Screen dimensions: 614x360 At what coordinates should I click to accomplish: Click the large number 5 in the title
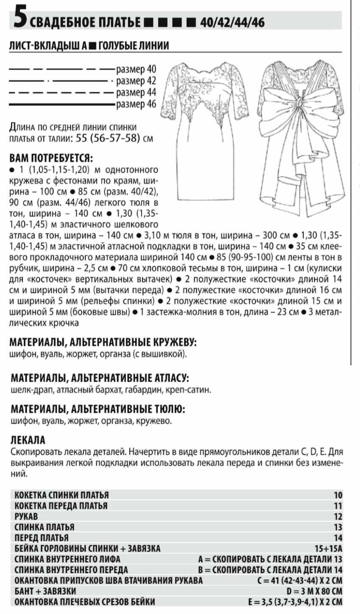(19, 20)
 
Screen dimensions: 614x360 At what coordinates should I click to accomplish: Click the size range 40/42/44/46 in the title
(232, 22)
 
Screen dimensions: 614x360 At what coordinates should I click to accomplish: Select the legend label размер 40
(136, 69)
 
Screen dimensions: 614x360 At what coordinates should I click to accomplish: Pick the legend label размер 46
(136, 104)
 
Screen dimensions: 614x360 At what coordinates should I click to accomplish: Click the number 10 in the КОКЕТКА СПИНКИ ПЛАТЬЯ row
(338, 495)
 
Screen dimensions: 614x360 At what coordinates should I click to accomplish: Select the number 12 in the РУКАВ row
(338, 516)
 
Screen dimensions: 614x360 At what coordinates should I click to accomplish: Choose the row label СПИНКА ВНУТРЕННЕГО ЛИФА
(67, 559)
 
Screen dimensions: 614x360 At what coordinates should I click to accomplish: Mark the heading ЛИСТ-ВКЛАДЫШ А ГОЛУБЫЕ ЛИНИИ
(89, 45)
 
